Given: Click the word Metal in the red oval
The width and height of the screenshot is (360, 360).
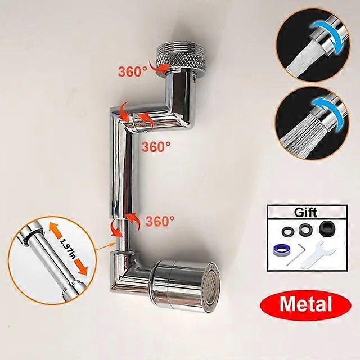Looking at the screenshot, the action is click(x=305, y=304).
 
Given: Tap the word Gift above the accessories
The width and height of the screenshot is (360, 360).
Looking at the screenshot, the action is click(x=305, y=212).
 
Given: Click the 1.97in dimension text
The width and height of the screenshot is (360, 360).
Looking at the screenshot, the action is click(x=67, y=249).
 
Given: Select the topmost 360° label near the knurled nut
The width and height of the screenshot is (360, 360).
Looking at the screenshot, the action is click(x=133, y=71).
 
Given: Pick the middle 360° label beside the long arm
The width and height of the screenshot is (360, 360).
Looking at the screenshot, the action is click(x=156, y=146).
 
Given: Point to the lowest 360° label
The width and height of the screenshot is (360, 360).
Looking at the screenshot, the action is click(x=159, y=221).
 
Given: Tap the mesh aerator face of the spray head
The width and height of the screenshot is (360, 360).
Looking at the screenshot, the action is click(x=212, y=287).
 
